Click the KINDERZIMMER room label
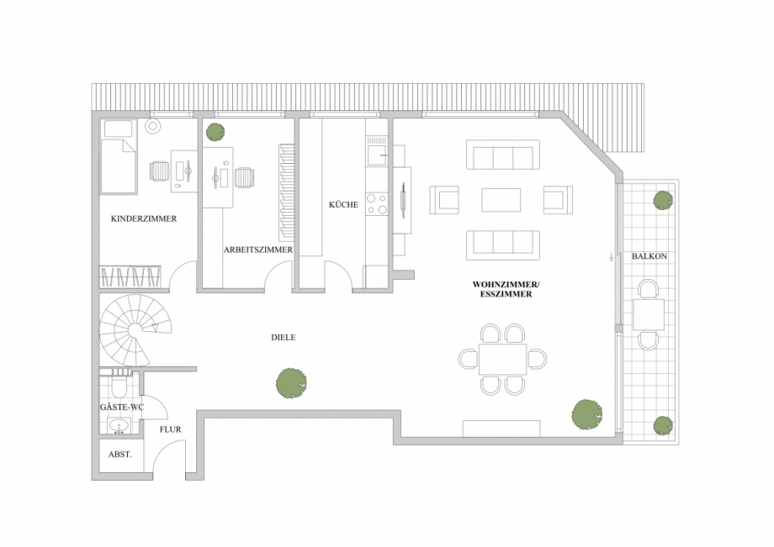point(143,218)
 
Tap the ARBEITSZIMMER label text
point(257,250)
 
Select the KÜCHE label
point(343,204)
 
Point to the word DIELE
point(283,337)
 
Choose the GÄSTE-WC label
point(122,408)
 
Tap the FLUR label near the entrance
point(170,429)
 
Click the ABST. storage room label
point(119,455)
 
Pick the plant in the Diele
point(291,383)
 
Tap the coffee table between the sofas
point(501,199)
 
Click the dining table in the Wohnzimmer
point(502,359)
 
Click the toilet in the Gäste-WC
point(119,387)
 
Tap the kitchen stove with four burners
point(376,204)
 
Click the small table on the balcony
point(648,314)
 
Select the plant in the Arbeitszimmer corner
point(216,131)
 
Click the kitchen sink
point(376,152)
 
